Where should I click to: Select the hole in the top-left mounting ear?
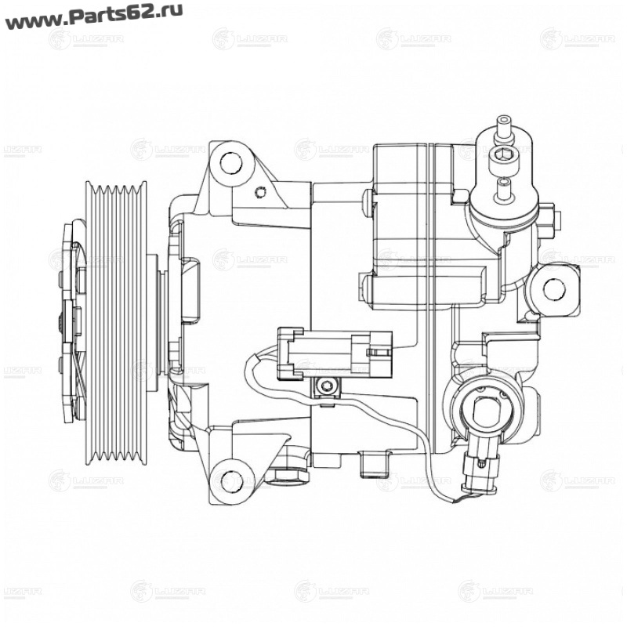230,163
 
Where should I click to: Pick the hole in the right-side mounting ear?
555,289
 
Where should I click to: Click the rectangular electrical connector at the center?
332,351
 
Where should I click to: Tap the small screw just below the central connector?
325,386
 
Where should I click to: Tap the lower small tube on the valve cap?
504,187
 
